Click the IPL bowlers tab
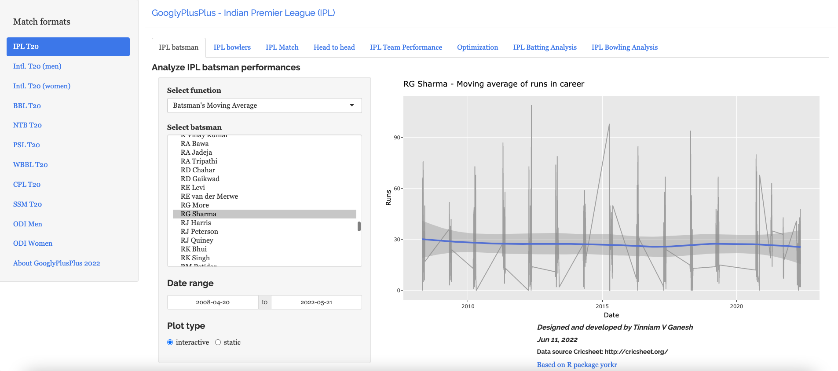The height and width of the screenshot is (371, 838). click(232, 47)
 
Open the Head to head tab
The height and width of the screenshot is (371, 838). click(334, 47)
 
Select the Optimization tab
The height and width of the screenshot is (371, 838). click(477, 47)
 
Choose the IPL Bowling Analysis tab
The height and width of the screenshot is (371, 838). click(624, 47)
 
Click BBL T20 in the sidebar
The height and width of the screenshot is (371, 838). click(27, 106)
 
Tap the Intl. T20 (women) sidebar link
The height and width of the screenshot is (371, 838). click(42, 86)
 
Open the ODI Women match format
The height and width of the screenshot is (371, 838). click(33, 244)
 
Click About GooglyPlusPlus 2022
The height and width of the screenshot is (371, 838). click(56, 263)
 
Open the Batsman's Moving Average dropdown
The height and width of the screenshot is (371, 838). click(264, 105)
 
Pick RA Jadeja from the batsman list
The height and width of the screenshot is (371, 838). click(196, 153)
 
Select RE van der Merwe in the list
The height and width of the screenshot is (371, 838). click(209, 196)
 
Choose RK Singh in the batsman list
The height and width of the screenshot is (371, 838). click(195, 258)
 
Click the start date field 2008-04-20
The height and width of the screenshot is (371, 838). click(212, 302)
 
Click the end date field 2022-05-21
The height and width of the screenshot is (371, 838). click(316, 302)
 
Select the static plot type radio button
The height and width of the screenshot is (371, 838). click(218, 342)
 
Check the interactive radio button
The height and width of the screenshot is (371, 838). click(170, 342)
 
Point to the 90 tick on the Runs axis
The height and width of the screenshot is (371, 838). click(397, 138)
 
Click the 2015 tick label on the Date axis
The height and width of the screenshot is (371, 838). click(602, 306)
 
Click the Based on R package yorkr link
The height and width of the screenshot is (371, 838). click(577, 365)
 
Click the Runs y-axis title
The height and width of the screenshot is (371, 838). click(388, 197)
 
